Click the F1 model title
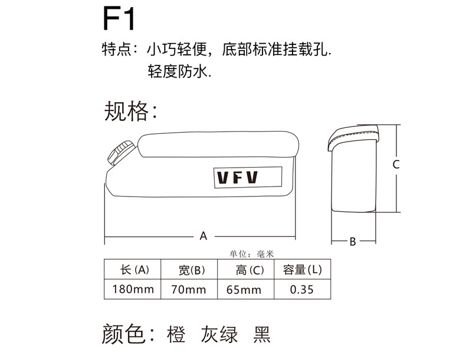[x=119, y=19]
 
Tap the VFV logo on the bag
[x=237, y=177]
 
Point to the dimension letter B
[x=352, y=241]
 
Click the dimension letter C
[x=396, y=165]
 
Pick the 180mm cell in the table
[x=132, y=289]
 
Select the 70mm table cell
[x=189, y=289]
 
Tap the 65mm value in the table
[x=245, y=289]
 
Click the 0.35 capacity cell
[x=302, y=289]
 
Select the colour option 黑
[x=261, y=334]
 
